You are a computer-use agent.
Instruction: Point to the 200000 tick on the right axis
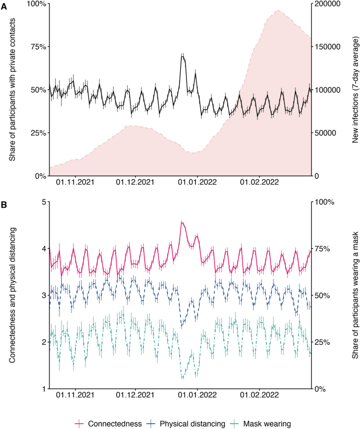(x=328, y=4)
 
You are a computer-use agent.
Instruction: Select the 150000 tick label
(x=328, y=47)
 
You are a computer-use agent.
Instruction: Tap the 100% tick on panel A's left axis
(x=35, y=4)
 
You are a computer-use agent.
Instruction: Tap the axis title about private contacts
(x=12, y=89)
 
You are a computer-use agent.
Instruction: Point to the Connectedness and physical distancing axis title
(x=12, y=295)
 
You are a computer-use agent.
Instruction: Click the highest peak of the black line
(x=182, y=55)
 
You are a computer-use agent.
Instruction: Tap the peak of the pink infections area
(x=276, y=11)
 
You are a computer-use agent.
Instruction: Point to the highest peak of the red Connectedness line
(x=182, y=222)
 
